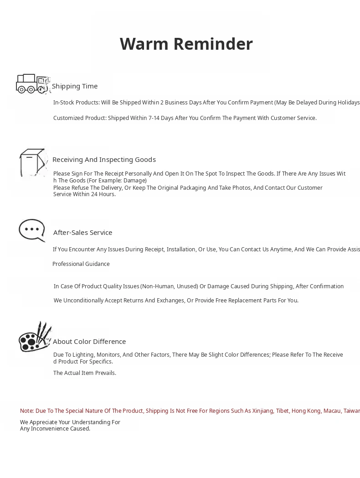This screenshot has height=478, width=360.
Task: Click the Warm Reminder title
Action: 186,44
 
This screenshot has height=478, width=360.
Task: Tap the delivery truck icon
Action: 32,84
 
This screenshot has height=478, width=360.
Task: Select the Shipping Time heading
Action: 75,86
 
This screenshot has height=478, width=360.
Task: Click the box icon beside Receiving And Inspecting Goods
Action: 33,162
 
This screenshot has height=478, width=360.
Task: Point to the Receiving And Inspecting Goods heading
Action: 104,160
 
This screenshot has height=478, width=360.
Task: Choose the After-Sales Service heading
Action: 82,233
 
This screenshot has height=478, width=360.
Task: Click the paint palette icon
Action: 34,338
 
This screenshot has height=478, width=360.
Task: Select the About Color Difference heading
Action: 89,342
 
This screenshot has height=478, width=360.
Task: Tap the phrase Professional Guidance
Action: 81,264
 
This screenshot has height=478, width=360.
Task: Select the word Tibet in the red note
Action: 282,411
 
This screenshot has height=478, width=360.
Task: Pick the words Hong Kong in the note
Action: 306,411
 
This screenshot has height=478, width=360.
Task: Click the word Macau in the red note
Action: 332,411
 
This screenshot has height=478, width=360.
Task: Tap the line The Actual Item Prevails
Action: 85,373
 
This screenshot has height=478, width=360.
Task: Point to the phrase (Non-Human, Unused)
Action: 169,286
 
